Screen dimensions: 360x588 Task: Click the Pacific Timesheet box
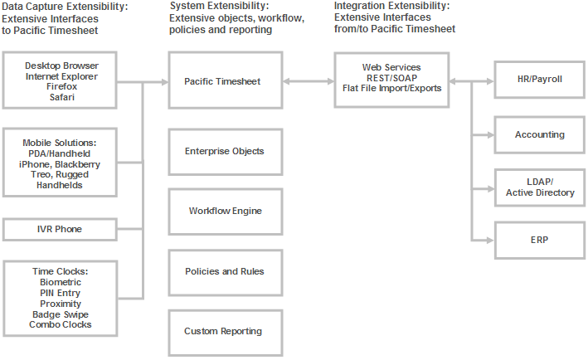click(x=223, y=81)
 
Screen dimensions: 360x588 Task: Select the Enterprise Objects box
click(x=223, y=151)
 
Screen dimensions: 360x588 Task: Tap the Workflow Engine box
click(x=223, y=211)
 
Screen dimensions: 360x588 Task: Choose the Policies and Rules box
click(x=223, y=271)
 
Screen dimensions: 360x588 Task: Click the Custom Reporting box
click(x=223, y=331)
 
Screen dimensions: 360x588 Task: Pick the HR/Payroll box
click(x=539, y=81)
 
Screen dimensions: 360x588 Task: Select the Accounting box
click(x=539, y=134)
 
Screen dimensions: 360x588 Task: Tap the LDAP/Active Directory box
click(x=539, y=187)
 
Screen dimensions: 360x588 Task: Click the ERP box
click(x=539, y=241)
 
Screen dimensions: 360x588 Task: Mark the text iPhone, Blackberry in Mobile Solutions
click(x=60, y=164)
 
